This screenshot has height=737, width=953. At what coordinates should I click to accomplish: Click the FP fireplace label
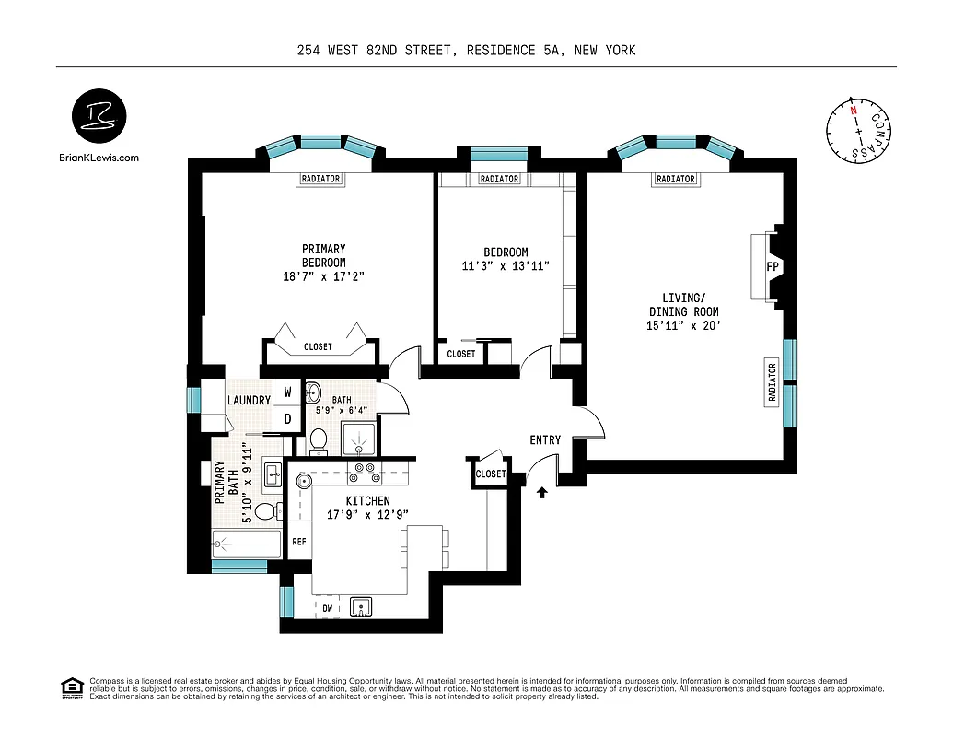click(x=772, y=267)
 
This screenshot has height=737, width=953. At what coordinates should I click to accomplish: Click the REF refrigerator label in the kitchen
click(x=299, y=542)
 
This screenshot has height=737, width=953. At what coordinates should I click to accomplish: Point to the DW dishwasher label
click(x=328, y=609)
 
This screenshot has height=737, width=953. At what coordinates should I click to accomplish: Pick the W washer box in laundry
click(x=287, y=392)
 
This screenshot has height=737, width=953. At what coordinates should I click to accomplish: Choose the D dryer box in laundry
click(x=287, y=418)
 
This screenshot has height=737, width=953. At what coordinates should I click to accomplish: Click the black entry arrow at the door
click(x=542, y=493)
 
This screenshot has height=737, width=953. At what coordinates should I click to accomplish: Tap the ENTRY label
click(x=545, y=440)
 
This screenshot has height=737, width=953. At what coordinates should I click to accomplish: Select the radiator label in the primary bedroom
click(x=320, y=179)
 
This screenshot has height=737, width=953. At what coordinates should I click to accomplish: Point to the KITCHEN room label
click(x=367, y=500)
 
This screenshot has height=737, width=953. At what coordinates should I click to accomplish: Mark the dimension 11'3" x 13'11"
click(x=506, y=266)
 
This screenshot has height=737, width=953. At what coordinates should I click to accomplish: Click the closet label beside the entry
click(x=491, y=474)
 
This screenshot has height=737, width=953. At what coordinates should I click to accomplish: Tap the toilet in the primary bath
click(x=265, y=511)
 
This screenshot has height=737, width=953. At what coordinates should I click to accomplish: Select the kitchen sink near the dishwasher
click(x=362, y=606)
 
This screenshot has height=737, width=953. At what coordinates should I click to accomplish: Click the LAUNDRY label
click(x=250, y=401)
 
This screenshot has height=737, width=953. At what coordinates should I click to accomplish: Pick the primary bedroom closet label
click(x=319, y=347)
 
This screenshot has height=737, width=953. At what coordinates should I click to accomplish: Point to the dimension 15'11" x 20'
click(x=682, y=325)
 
